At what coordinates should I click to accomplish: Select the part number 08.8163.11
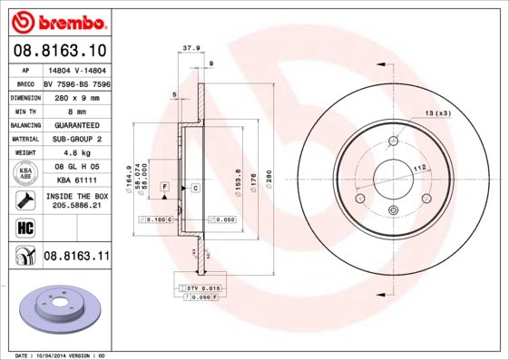click(x=76, y=257)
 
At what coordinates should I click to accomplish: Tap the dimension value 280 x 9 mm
click(x=75, y=95)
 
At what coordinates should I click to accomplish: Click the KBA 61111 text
click(x=75, y=181)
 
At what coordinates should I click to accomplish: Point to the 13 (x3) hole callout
click(x=437, y=112)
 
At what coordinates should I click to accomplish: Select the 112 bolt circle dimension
click(x=420, y=169)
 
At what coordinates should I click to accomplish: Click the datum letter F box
click(x=164, y=186)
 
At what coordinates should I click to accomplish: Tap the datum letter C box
click(x=194, y=187)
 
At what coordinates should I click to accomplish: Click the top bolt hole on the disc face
click(x=393, y=141)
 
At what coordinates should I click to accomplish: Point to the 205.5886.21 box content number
click(x=75, y=205)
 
